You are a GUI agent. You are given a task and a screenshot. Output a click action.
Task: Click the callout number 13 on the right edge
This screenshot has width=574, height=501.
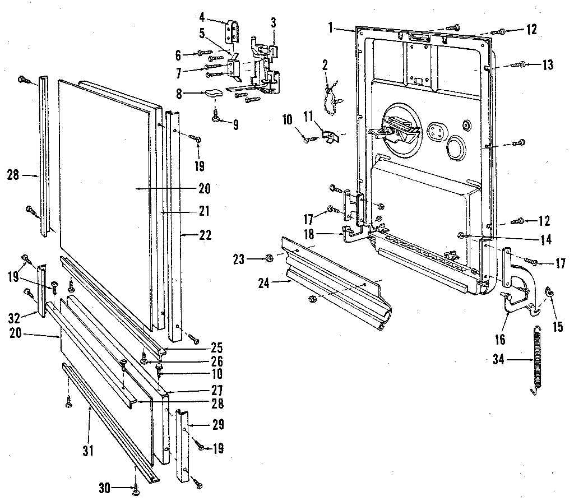tap(547, 65)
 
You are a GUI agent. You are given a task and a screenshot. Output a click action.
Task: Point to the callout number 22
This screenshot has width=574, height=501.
tap(205, 236)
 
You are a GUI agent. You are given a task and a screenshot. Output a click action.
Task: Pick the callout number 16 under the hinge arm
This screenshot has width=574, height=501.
tap(499, 340)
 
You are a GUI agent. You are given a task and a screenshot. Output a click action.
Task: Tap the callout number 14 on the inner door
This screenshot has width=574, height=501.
tap(545, 240)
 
